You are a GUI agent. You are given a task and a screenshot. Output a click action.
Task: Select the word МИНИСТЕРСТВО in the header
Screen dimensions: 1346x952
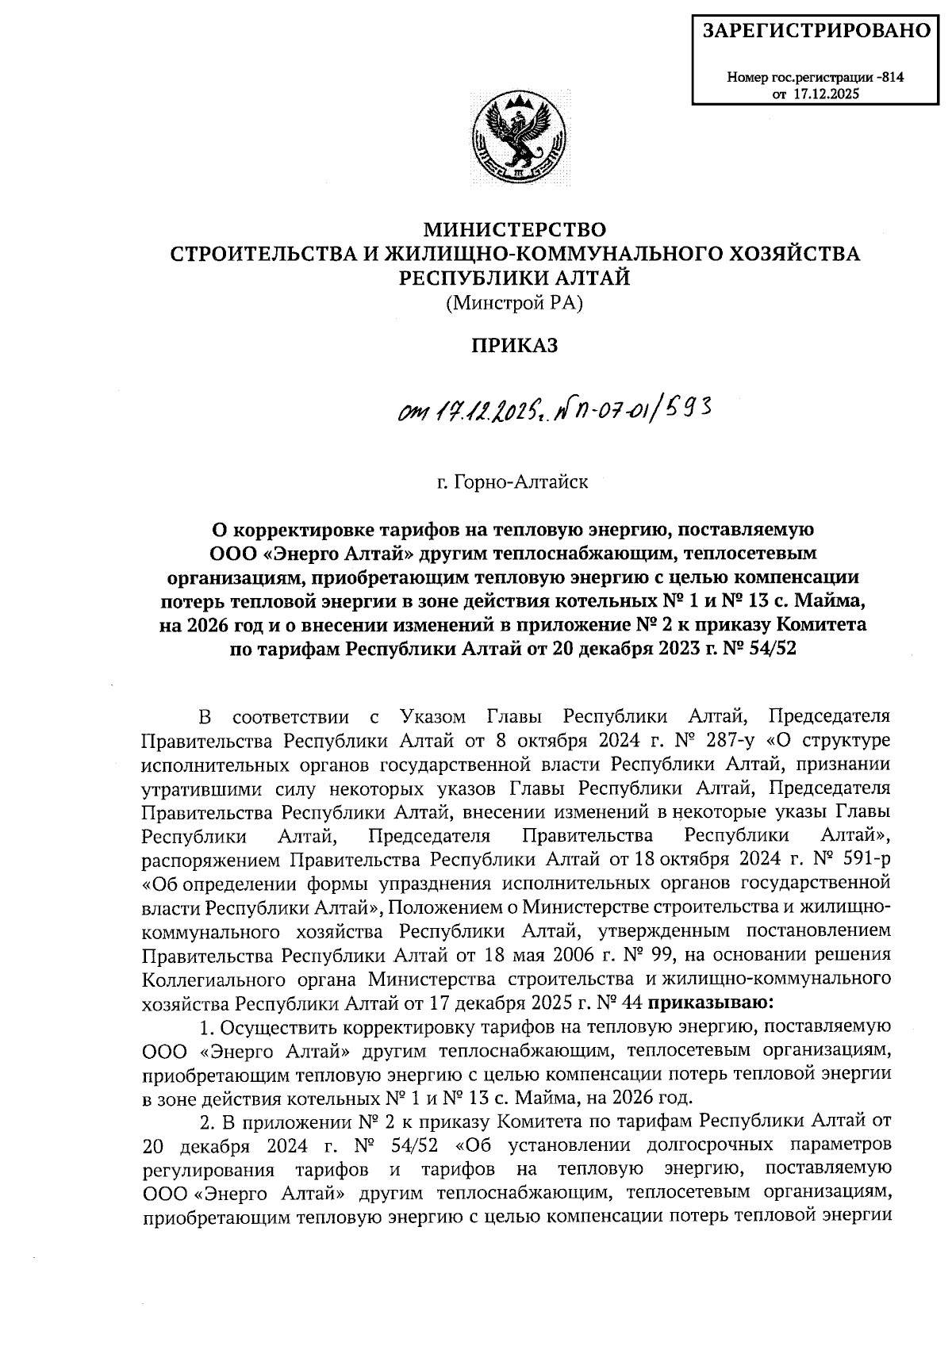(515, 231)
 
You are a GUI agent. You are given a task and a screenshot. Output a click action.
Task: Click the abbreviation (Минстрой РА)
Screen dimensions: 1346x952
(514, 302)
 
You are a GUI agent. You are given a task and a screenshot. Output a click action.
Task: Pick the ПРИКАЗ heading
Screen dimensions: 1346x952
(515, 346)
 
